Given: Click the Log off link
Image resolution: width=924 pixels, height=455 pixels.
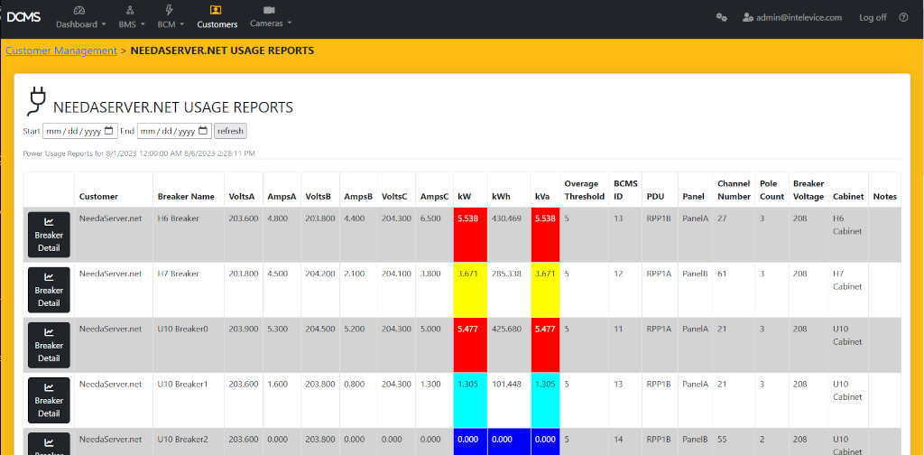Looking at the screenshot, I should coord(873,17).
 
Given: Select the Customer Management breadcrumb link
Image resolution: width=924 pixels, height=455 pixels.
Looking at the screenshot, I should coord(61,51).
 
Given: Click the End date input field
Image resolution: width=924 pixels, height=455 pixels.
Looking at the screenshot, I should coord(173,131).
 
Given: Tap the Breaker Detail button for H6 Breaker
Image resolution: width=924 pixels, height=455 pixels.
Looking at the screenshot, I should coord(49,234).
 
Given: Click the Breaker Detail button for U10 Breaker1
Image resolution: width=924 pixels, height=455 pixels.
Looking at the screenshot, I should coord(49,400).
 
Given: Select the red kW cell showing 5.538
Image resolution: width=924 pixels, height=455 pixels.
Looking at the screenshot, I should coord(470,218).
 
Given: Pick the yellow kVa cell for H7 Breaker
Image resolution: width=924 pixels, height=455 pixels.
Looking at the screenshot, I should coord(546,273).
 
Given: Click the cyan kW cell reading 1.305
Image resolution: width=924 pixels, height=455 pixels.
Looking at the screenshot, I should coord(470,384).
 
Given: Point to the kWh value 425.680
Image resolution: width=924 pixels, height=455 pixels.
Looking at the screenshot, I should coord(506,329).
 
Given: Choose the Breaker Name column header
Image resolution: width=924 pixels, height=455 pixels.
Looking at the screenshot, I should coord(186,196).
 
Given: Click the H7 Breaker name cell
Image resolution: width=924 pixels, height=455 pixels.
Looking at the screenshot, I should coord(179,274).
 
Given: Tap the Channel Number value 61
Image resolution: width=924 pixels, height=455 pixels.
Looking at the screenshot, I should coord(723,274).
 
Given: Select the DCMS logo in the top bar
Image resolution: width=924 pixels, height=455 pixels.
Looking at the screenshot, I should coord(23,16).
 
